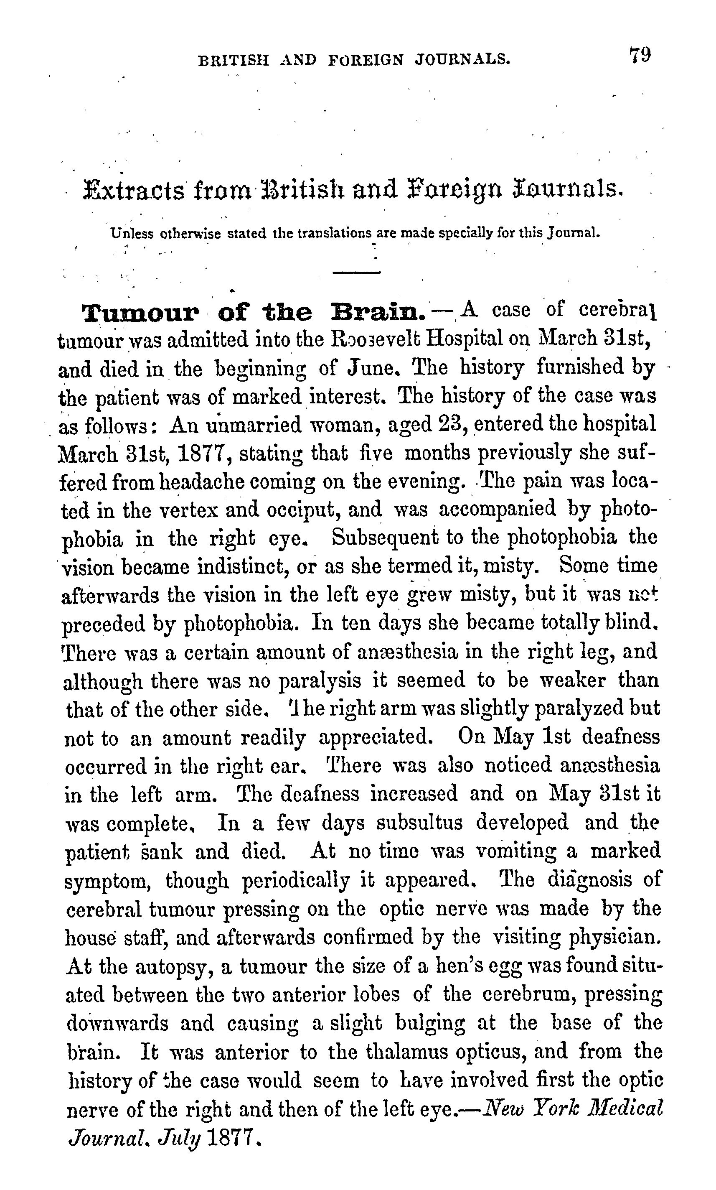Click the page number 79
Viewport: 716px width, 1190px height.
click(x=640, y=55)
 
